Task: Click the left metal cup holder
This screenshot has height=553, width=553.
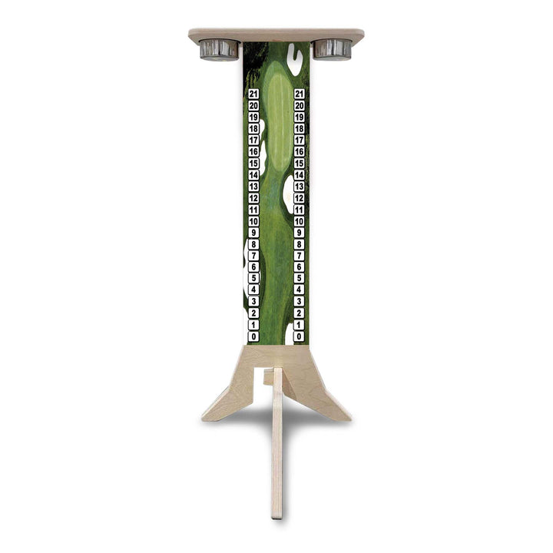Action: (x=219, y=49)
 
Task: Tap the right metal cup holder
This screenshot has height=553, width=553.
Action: (x=333, y=49)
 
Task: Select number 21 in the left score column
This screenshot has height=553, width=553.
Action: (x=253, y=94)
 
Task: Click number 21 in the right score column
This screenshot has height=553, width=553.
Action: (x=300, y=94)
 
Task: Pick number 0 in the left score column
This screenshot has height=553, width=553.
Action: (x=253, y=336)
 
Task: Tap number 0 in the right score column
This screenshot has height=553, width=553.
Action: (x=300, y=336)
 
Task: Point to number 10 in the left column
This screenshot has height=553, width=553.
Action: (x=253, y=221)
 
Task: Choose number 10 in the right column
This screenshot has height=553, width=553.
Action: (x=300, y=221)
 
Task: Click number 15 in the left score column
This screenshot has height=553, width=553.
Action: (x=253, y=164)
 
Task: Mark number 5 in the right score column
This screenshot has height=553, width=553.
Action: (x=300, y=278)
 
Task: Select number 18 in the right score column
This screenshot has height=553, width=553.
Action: (x=300, y=129)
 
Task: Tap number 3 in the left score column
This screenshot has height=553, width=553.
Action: (x=253, y=301)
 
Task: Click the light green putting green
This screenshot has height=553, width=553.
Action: (x=277, y=115)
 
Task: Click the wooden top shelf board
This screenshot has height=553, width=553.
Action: (x=276, y=35)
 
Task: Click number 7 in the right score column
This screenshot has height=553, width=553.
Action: (x=300, y=255)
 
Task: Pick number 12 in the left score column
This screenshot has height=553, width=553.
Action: (x=253, y=198)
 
